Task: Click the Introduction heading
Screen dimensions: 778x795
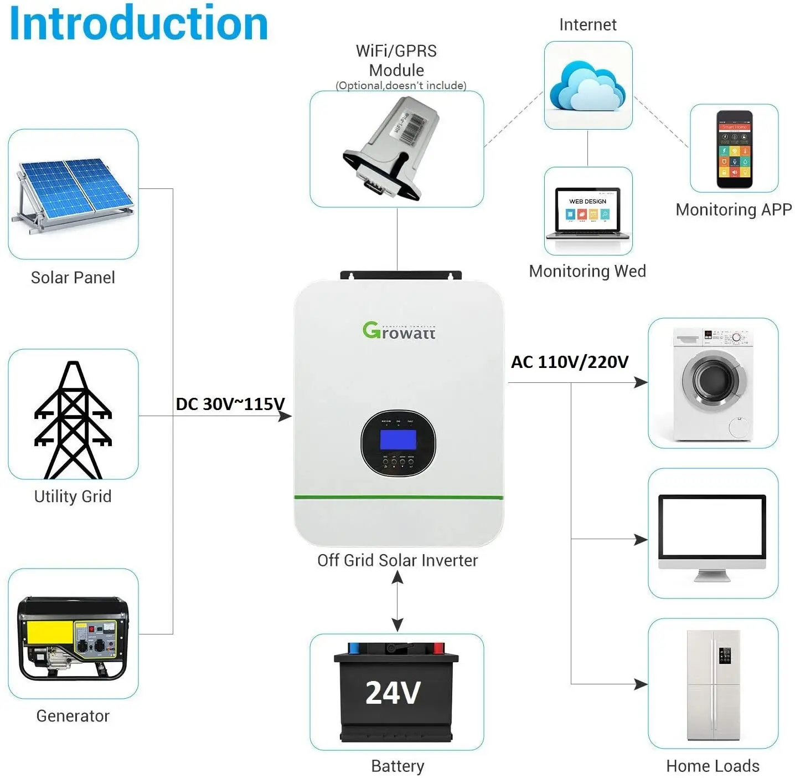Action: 138,23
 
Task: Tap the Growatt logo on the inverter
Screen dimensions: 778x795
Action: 399,331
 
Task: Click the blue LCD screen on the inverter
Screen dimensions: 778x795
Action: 397,440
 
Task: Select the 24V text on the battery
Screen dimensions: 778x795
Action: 393,693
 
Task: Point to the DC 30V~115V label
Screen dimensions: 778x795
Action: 230,404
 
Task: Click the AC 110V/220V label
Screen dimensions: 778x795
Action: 569,362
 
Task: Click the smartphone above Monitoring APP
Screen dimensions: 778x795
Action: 734,150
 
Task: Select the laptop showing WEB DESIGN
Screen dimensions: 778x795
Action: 587,214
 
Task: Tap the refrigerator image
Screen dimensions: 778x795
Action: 713,685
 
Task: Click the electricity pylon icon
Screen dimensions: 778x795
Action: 73,420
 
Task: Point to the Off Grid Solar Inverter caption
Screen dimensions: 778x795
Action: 397,560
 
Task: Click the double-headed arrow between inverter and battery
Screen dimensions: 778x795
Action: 397,601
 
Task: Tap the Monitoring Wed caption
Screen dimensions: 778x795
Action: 587,271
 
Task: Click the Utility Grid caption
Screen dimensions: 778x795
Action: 73,496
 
